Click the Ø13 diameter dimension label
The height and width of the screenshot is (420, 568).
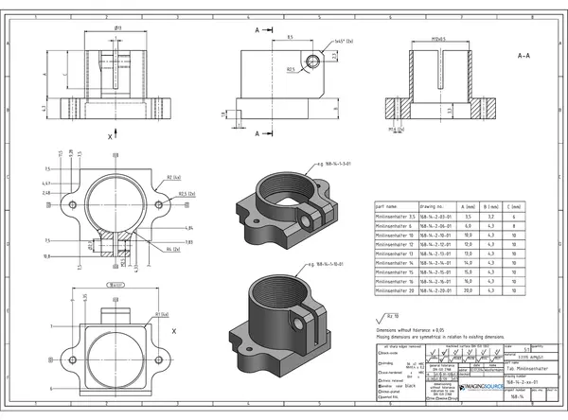click(117, 28)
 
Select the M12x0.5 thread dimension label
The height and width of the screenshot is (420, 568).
click(437, 41)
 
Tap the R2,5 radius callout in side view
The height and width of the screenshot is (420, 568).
click(291, 69)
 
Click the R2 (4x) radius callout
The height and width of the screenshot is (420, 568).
click(173, 177)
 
